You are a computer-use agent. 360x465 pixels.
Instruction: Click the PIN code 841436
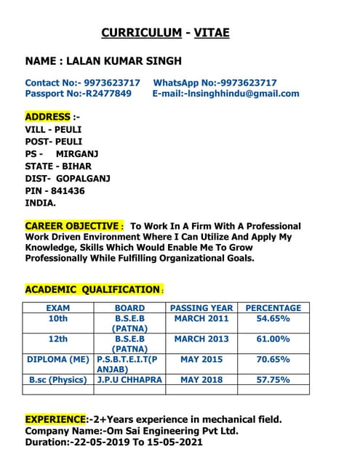66,191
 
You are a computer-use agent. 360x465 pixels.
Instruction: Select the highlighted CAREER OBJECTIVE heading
71,226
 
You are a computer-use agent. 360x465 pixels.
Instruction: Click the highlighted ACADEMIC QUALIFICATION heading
92,289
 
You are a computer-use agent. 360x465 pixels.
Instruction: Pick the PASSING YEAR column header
201,308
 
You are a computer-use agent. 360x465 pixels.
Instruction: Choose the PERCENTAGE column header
273,308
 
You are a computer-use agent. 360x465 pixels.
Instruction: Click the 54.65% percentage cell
273,319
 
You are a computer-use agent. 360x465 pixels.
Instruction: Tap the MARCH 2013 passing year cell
201,339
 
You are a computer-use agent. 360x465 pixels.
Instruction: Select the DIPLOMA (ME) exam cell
58,360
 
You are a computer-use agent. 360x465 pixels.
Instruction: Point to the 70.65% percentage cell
273,360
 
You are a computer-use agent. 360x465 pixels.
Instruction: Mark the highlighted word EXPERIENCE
55,419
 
